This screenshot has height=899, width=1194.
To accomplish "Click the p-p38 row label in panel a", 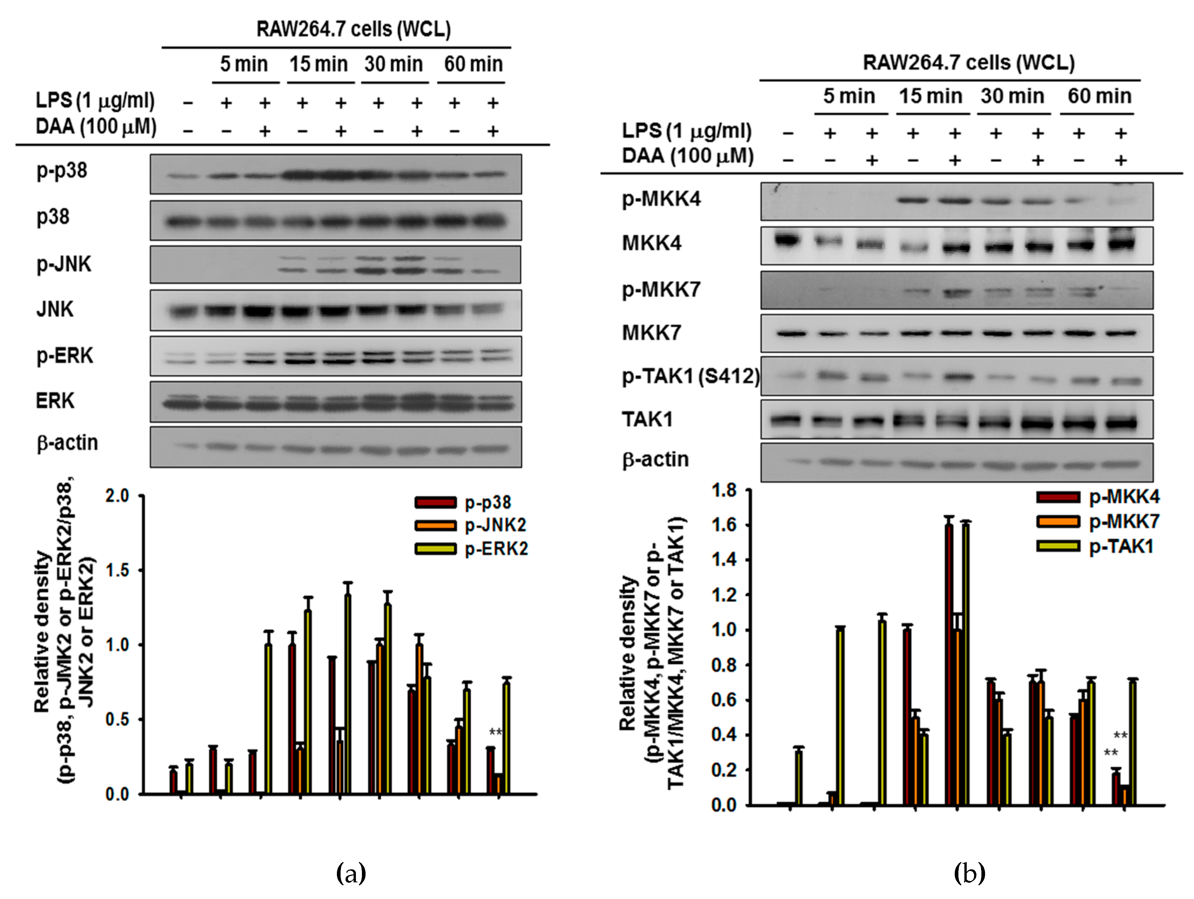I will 62,171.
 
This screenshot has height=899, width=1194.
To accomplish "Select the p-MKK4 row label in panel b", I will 661,200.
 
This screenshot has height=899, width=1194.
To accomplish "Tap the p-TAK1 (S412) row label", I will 690,376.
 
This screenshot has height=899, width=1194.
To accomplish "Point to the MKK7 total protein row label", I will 651,333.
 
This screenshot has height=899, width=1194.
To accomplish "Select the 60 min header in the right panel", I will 1099,96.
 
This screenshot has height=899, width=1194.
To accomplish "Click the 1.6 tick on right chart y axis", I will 723,525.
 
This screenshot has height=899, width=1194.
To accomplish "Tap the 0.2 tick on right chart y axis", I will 723,770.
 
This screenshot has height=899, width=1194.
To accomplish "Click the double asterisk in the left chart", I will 496,732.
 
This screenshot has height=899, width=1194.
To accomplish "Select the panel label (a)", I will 351,873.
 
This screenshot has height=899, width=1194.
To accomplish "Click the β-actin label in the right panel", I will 655,459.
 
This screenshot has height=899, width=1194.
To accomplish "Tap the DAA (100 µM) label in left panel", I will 96,127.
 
